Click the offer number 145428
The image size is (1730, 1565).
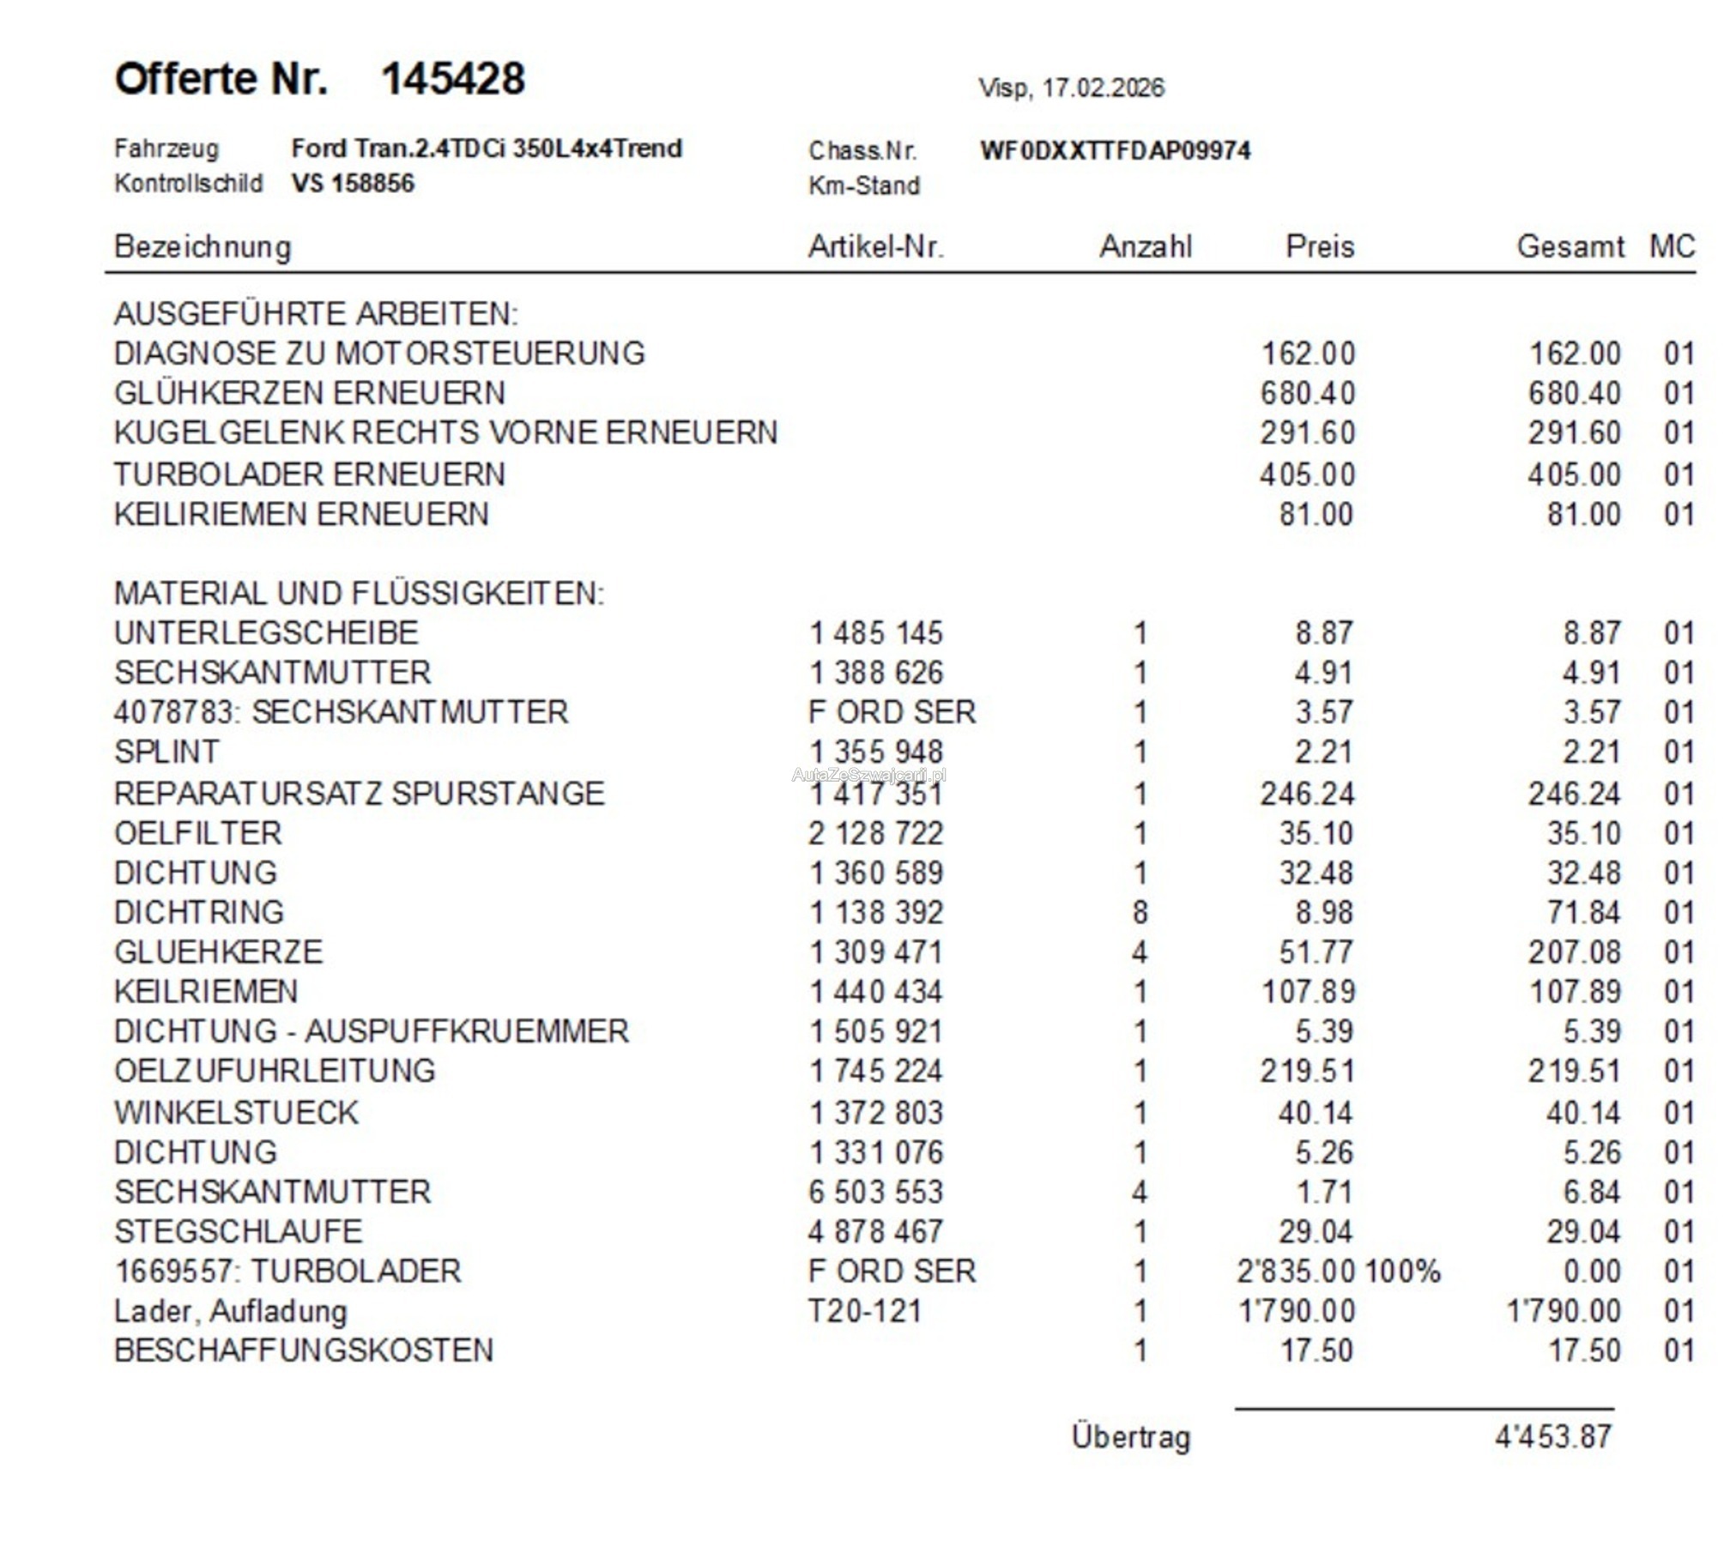point(452,79)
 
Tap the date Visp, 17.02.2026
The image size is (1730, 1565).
point(1071,88)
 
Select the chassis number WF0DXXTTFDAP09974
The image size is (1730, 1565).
point(1115,150)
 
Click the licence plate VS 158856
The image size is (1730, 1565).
point(353,184)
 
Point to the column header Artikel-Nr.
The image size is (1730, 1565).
point(875,247)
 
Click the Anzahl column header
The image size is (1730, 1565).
point(1145,247)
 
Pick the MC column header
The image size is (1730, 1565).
point(1672,247)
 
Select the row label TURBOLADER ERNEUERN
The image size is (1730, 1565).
point(310,474)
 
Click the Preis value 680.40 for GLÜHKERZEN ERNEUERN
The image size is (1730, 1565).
point(1307,394)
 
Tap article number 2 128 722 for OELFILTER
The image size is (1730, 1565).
point(875,833)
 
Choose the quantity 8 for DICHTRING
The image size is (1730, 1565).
point(1140,912)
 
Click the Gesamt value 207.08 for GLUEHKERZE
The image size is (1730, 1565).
point(1574,952)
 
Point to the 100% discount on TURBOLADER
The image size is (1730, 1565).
point(1402,1272)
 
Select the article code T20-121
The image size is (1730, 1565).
point(865,1311)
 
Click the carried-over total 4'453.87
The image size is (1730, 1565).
point(1553,1436)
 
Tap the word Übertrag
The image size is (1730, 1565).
point(1131,1436)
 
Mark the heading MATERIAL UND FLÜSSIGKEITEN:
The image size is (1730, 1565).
point(359,594)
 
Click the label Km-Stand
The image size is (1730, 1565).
point(863,185)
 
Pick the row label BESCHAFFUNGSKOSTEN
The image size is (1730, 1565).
point(304,1350)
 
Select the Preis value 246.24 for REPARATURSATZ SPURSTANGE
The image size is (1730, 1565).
point(1307,794)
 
